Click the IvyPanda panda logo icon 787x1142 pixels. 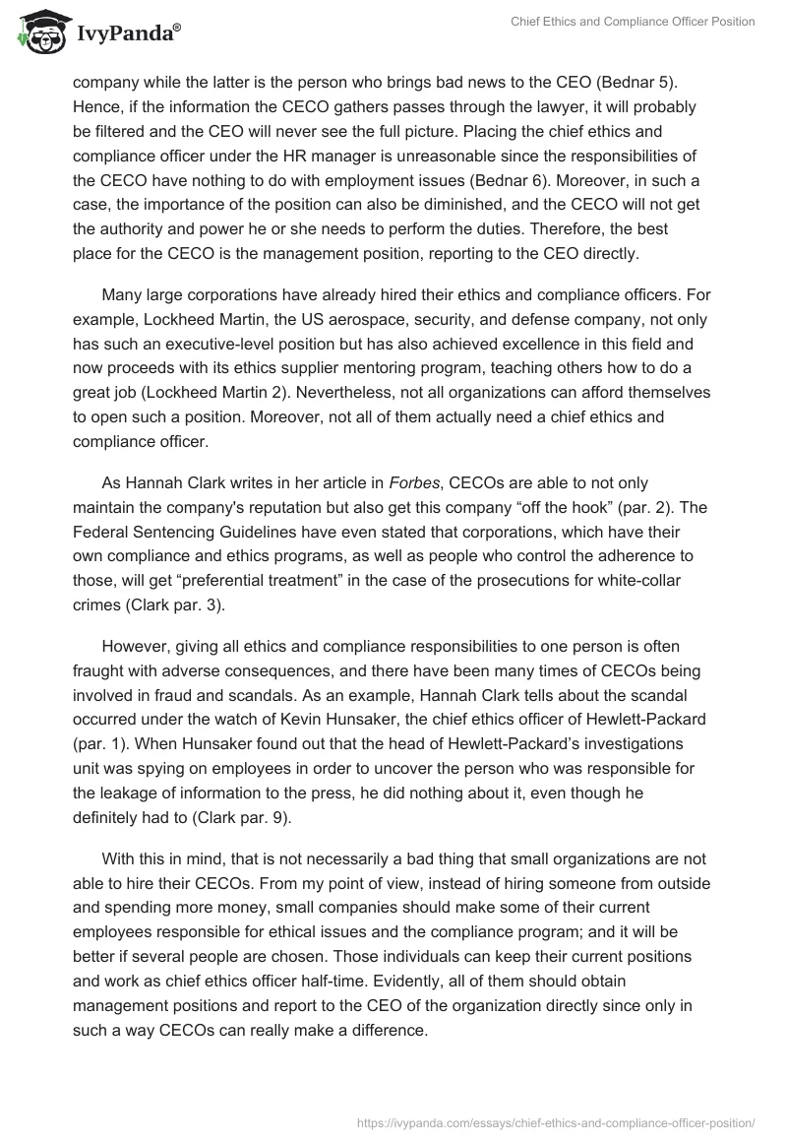point(39,32)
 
